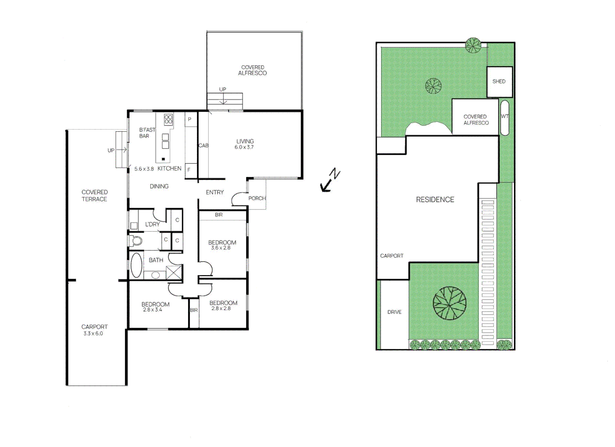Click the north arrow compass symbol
click(330, 180)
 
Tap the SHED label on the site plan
click(499, 82)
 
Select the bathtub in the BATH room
click(136, 265)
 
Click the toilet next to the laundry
click(136, 240)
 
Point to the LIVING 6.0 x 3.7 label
click(244, 144)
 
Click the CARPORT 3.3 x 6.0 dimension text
click(93, 333)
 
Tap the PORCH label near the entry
click(256, 198)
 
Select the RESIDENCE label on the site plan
click(435, 199)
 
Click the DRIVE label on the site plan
click(394, 312)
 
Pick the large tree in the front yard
click(450, 303)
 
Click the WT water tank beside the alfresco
click(505, 118)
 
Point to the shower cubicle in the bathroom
click(174, 273)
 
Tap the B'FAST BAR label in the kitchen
click(147, 133)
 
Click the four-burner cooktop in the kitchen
click(168, 120)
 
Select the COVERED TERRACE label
click(94, 195)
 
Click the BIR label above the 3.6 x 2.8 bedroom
click(219, 215)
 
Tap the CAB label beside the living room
click(203, 145)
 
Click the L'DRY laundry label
click(152, 224)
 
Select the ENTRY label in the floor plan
click(215, 192)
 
